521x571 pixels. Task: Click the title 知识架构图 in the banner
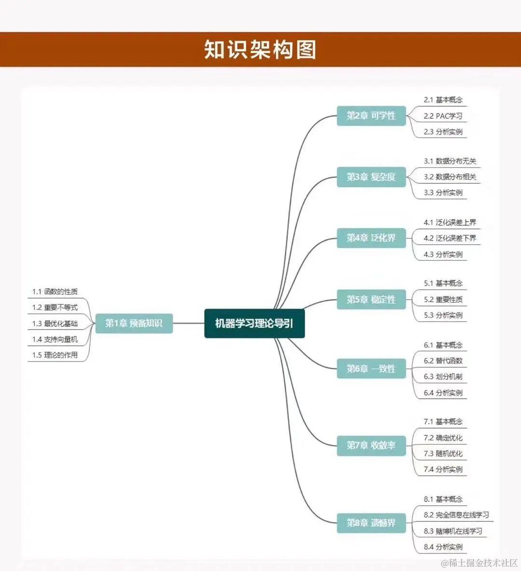pyautogui.click(x=260, y=50)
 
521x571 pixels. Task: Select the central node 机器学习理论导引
pyautogui.click(x=254, y=323)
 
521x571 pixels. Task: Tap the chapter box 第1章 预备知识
pyautogui.click(x=134, y=323)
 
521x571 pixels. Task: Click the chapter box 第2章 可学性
pyautogui.click(x=371, y=116)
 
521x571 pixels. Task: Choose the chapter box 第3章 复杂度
pyautogui.click(x=371, y=177)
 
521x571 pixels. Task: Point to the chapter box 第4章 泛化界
pyautogui.click(x=371, y=238)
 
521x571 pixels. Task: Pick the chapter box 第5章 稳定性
pyautogui.click(x=371, y=300)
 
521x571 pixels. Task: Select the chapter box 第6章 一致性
pyautogui.click(x=371, y=369)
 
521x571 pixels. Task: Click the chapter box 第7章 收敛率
pyautogui.click(x=371, y=445)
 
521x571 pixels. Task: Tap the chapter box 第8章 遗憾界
pyautogui.click(x=371, y=523)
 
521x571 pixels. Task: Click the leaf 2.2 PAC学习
pyautogui.click(x=443, y=116)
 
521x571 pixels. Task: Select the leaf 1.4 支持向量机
pyautogui.click(x=55, y=339)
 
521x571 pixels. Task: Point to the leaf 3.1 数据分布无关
pyautogui.click(x=450, y=161)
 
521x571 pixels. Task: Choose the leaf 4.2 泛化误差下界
pyautogui.click(x=450, y=238)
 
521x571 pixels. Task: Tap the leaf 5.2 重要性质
pyautogui.click(x=443, y=300)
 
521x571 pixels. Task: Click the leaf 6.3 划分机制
pyautogui.click(x=443, y=376)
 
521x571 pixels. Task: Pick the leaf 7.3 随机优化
pyautogui.click(x=443, y=454)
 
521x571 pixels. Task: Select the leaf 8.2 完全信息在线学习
pyautogui.click(x=456, y=515)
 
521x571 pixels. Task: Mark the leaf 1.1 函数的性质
pyautogui.click(x=55, y=292)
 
